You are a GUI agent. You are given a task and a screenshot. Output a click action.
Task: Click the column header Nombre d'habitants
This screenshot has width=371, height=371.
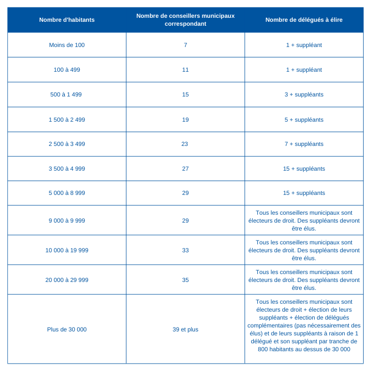tap(67, 20)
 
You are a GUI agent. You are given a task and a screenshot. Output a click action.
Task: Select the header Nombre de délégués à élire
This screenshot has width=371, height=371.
tap(304, 20)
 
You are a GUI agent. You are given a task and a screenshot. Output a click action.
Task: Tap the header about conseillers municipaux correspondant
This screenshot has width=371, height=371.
tap(185, 20)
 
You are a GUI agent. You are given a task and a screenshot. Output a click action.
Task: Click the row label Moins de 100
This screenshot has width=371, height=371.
tap(67, 45)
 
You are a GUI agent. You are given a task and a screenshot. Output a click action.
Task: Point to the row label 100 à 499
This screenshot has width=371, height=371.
tap(67, 70)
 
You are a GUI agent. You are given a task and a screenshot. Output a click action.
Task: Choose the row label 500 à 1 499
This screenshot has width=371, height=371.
tap(67, 94)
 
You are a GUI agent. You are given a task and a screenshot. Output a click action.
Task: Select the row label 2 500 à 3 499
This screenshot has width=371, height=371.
tap(67, 144)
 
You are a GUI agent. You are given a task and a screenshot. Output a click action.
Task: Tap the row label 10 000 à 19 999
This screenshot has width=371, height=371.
tap(67, 250)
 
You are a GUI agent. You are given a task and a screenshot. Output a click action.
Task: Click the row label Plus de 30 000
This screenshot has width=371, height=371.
tap(67, 329)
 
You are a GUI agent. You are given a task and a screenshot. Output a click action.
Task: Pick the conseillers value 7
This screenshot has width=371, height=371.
tap(185, 45)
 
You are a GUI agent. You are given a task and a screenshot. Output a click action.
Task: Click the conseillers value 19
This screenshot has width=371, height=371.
tap(185, 120)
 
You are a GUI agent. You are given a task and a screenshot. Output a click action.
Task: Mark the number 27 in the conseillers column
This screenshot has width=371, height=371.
tap(185, 169)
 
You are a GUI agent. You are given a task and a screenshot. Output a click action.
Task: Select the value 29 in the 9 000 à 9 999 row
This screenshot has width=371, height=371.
tap(185, 221)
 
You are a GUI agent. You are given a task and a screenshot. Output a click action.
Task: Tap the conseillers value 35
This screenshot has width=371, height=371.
tap(185, 280)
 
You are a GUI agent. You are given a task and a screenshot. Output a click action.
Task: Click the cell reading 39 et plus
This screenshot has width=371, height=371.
tap(185, 329)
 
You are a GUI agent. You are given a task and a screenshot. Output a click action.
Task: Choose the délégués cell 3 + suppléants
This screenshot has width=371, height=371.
tap(304, 94)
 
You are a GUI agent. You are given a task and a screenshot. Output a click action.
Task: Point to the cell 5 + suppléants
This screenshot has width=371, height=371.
tap(304, 120)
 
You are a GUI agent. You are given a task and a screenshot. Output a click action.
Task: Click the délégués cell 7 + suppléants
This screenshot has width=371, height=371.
tap(304, 144)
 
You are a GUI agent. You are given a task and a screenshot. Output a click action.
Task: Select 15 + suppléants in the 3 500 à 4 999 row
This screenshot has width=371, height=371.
tap(304, 169)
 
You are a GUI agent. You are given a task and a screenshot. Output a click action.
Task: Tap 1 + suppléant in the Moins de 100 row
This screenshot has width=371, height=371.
tap(304, 45)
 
